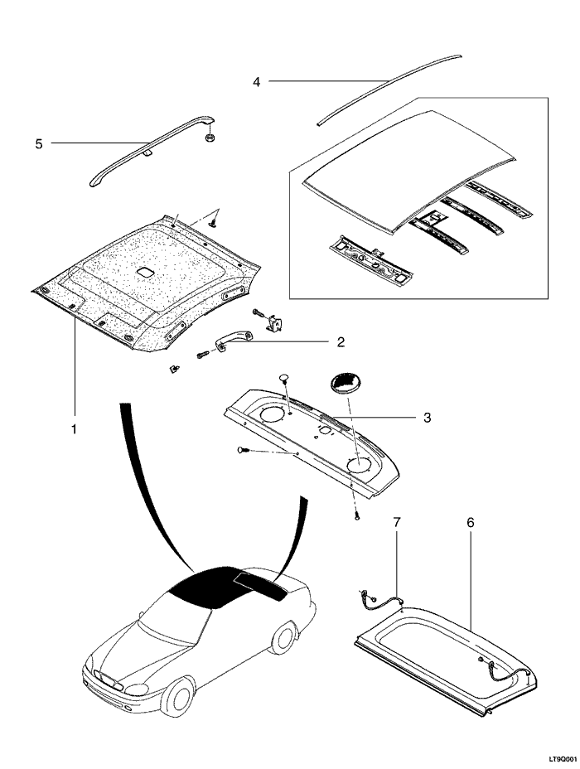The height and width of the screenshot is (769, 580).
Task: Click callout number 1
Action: tap(74, 429)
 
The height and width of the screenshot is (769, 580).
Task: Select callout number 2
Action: tap(341, 342)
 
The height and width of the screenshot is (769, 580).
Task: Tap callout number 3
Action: tap(427, 418)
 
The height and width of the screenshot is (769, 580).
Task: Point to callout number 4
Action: tap(256, 81)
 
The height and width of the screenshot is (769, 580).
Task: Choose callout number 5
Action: tap(39, 144)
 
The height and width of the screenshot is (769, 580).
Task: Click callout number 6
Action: tap(470, 523)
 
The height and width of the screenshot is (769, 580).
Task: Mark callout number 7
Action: tap(396, 523)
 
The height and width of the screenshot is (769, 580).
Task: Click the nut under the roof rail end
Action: tap(210, 137)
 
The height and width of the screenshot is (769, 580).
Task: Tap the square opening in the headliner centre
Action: tap(146, 271)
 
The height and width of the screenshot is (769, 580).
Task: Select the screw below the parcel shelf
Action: tap(357, 516)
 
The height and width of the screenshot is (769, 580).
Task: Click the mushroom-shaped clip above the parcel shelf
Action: tap(284, 379)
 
